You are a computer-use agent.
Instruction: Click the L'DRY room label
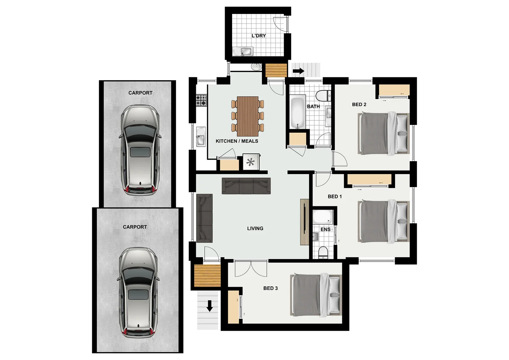tap(258, 36)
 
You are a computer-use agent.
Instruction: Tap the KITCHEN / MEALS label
tap(237, 141)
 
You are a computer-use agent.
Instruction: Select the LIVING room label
tap(255, 228)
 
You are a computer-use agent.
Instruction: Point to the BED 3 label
tap(270, 288)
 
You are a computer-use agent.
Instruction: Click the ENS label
tap(325, 229)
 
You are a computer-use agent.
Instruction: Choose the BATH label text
tap(313, 106)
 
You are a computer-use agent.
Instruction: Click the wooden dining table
tap(248, 116)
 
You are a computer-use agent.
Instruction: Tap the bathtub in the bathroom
tap(297, 112)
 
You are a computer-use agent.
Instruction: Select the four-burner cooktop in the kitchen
tap(201, 100)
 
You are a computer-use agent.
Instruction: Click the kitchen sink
tap(201, 137)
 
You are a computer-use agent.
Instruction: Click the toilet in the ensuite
tap(323, 253)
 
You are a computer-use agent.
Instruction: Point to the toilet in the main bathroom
tap(323, 96)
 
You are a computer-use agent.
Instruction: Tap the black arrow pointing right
tap(298, 71)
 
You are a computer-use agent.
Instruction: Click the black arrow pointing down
tap(210, 306)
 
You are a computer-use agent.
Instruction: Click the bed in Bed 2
tap(383, 133)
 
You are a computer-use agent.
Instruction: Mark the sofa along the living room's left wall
tap(205, 218)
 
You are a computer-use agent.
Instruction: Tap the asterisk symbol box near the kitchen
tap(251, 162)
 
